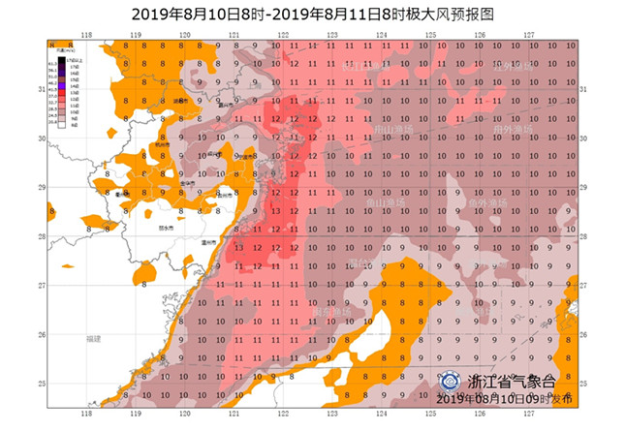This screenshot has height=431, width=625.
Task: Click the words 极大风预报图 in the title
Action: (439, 14)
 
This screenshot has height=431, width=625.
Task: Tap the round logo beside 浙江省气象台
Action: (451, 381)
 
